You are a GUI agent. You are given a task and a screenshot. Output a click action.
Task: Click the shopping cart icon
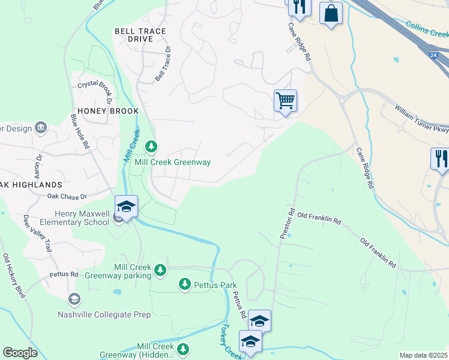pyautogui.click(x=285, y=100)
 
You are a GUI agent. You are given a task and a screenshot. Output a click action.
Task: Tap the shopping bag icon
pyautogui.click(x=331, y=13)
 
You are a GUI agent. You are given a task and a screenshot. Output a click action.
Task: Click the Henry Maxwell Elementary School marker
pyautogui.click(x=127, y=207)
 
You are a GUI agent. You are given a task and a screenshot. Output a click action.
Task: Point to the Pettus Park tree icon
pyautogui.click(x=185, y=283)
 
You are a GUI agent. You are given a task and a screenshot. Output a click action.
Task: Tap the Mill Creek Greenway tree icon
pyautogui.click(x=151, y=146)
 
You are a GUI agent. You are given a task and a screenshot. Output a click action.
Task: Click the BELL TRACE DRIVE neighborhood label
pyautogui.click(x=140, y=35)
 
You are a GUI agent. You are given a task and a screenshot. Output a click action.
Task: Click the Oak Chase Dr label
pyautogui.click(x=67, y=196)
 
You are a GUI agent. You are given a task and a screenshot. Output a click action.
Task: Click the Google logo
pyautogui.click(x=20, y=353)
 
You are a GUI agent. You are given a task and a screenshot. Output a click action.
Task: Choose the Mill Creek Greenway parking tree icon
pyautogui.click(x=160, y=270)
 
